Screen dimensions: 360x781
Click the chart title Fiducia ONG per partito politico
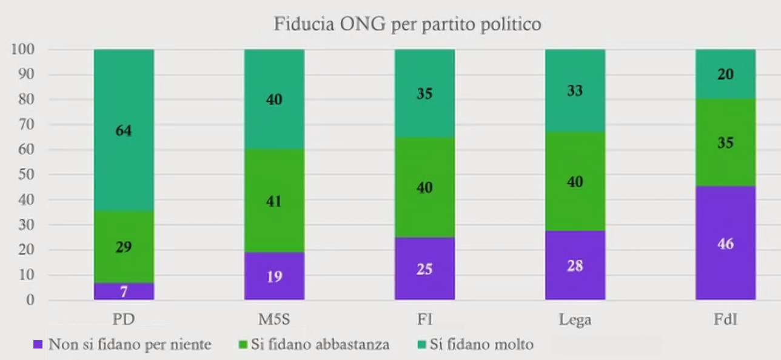[x=407, y=25]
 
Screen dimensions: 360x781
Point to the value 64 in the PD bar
[x=124, y=130]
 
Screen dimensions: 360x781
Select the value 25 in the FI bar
[x=424, y=268]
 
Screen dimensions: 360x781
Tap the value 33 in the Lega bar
[x=575, y=92]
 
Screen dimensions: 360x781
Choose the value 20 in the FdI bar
[x=725, y=74]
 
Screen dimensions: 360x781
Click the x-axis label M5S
[x=274, y=319]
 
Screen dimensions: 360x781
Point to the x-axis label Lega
[x=575, y=319]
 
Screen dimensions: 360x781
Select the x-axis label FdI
[x=725, y=319]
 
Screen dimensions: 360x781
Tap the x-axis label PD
[x=124, y=319]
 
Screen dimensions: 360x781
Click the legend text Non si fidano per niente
[x=130, y=345]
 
